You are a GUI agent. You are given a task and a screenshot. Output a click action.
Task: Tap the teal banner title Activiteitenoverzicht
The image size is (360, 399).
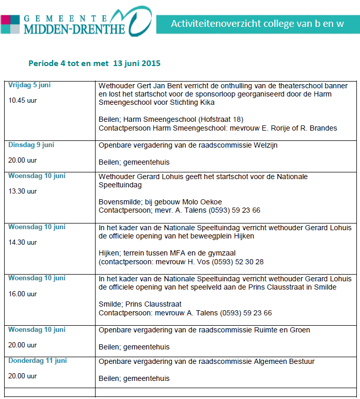coord(257,23)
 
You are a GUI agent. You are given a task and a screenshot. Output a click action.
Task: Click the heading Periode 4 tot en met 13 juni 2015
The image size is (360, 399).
coord(95,63)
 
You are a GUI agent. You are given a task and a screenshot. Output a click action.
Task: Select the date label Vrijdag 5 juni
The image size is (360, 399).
coord(29,85)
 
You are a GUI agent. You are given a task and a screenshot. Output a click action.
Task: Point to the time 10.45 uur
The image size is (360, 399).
coord(23,100)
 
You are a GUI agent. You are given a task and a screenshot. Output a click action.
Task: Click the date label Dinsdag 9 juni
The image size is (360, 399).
coord(31,145)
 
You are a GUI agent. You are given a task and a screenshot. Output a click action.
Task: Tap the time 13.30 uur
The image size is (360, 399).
coord(23,191)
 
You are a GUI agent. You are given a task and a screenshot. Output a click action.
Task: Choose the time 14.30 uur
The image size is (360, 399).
coord(23,242)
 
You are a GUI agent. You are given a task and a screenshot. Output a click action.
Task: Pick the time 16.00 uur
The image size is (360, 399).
coord(23,294)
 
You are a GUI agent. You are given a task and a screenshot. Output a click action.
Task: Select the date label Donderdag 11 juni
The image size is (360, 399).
coord(37,361)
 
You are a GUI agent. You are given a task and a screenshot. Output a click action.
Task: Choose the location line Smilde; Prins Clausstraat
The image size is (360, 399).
coord(140,304)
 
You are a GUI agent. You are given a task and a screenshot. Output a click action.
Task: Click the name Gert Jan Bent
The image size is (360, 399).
coord(157,86)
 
